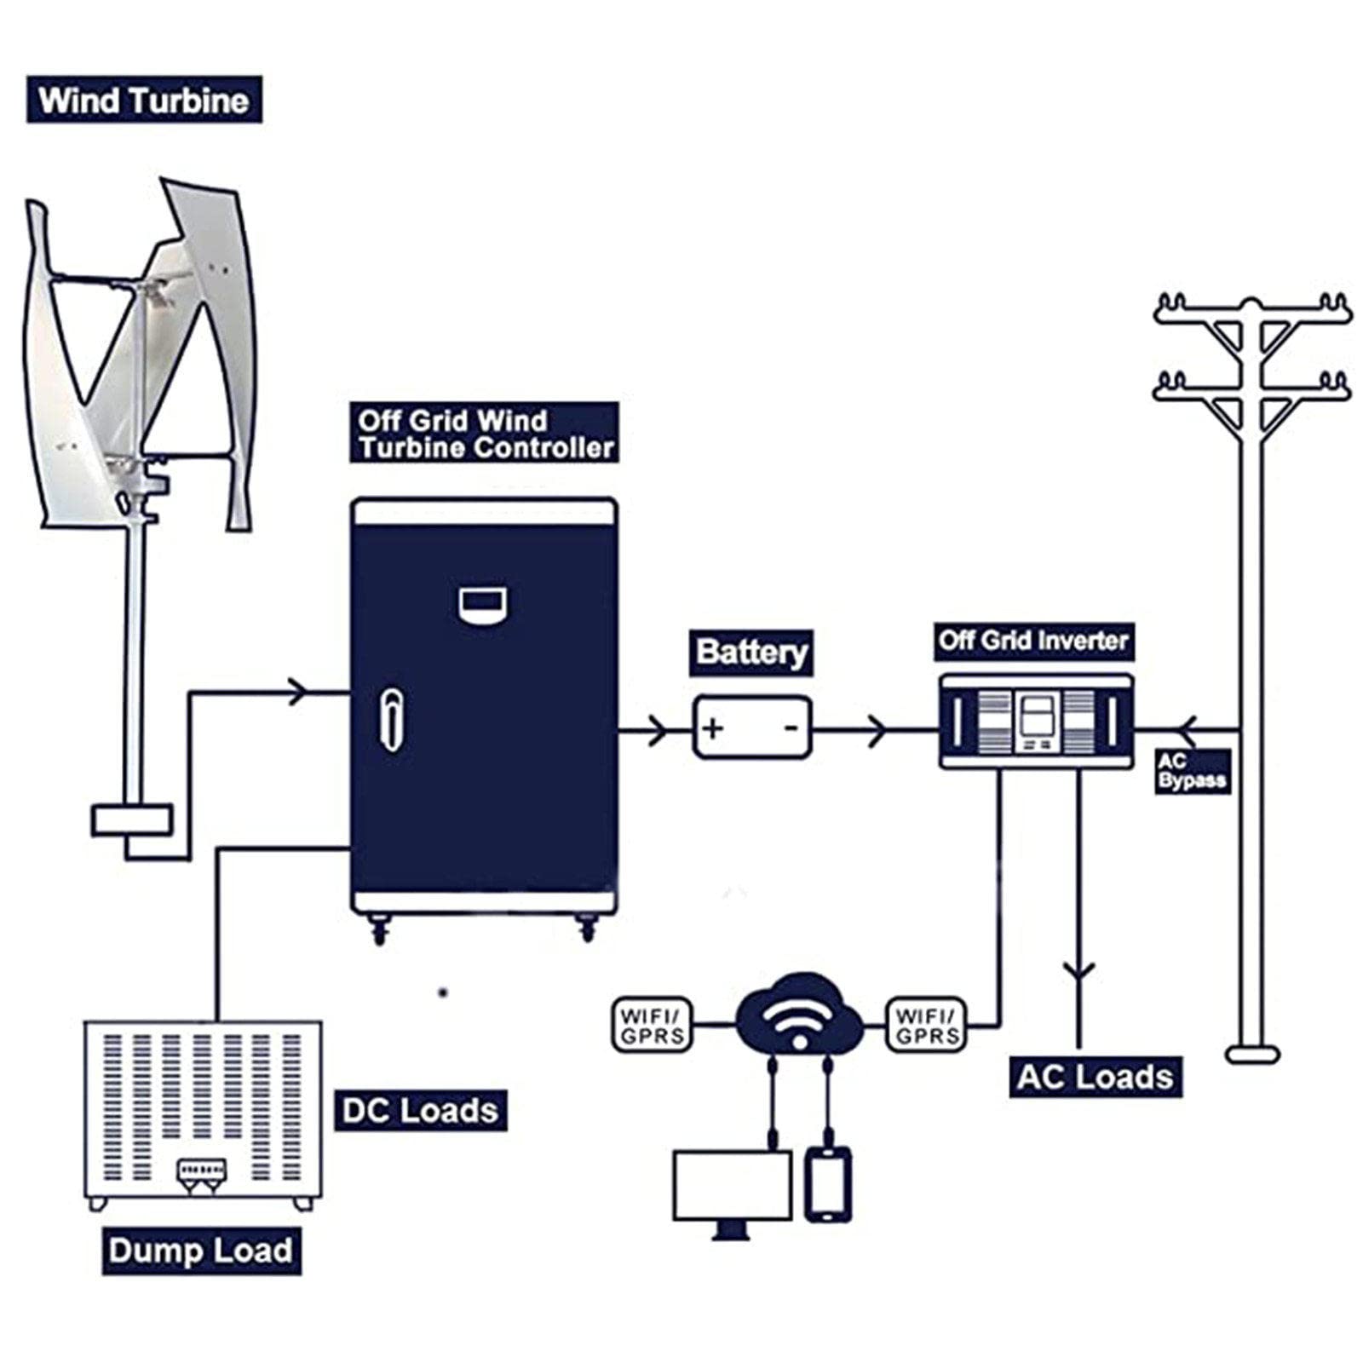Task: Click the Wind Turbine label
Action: click(x=144, y=100)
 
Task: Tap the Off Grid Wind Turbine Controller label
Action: click(x=485, y=434)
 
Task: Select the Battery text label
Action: click(x=751, y=653)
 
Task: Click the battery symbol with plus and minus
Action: click(x=752, y=727)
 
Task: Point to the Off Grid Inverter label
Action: click(x=1033, y=641)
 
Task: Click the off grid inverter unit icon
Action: click(x=1036, y=722)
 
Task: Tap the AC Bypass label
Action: click(x=1193, y=771)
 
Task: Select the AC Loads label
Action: click(x=1096, y=1077)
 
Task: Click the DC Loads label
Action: click(x=421, y=1110)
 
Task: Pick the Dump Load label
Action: click(x=201, y=1251)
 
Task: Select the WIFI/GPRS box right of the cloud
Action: click(x=927, y=1024)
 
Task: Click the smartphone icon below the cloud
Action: click(x=828, y=1184)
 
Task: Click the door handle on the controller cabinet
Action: click(x=391, y=720)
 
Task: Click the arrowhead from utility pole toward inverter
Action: click(x=1188, y=730)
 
